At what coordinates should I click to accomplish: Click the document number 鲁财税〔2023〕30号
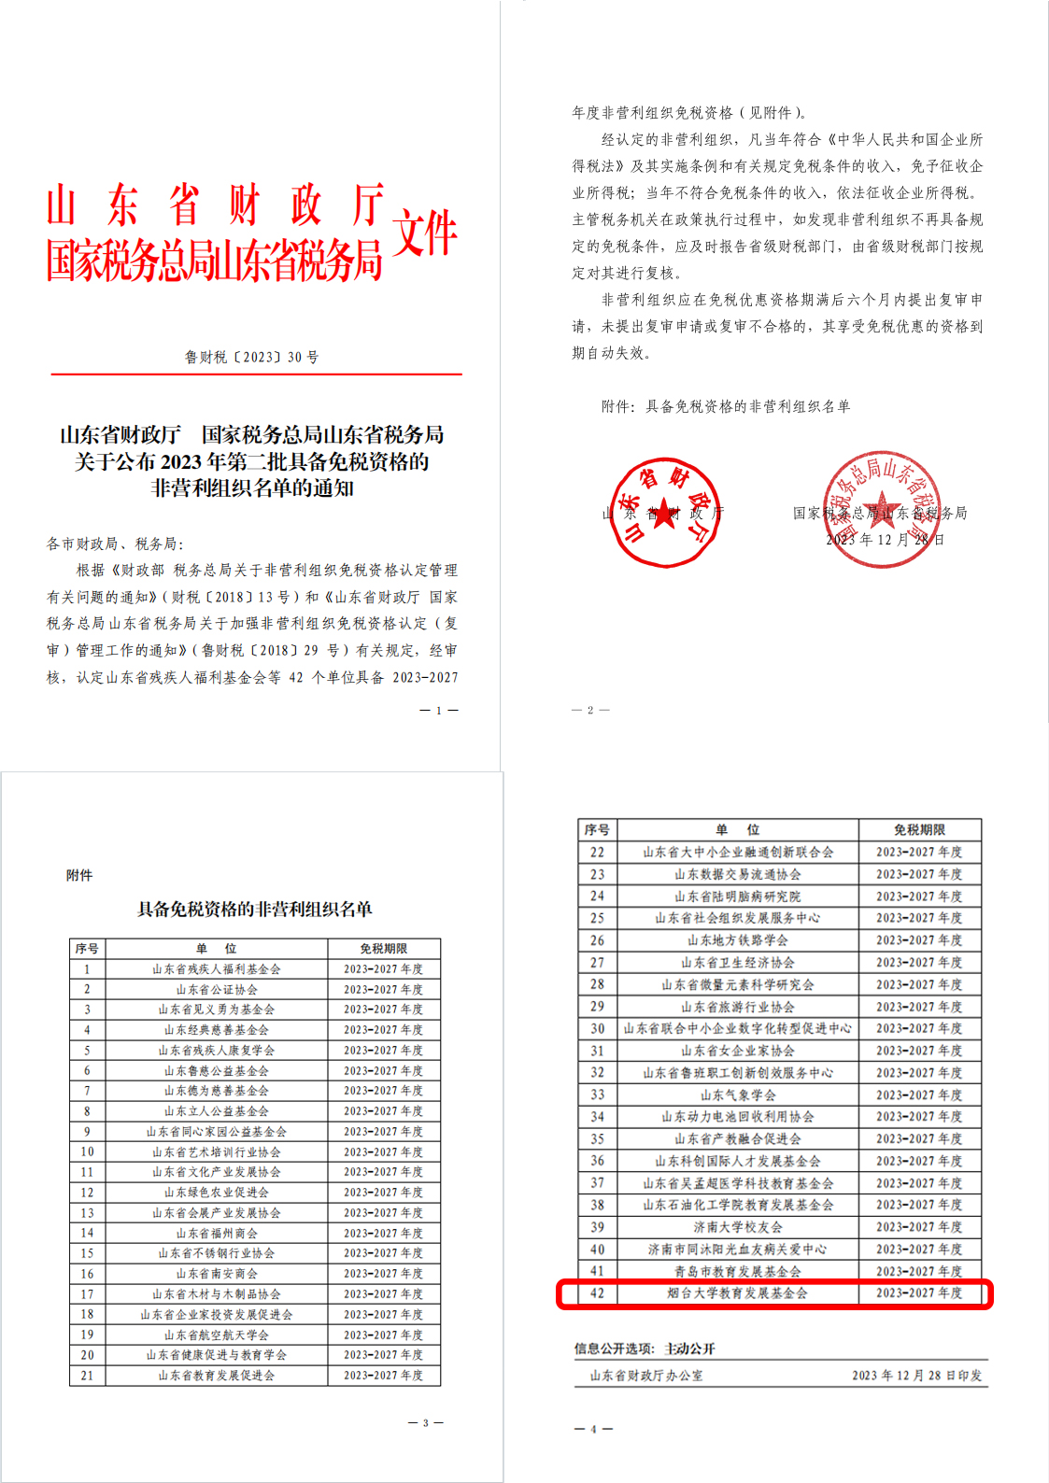click(x=251, y=357)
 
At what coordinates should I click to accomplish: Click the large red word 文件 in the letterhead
click(x=425, y=233)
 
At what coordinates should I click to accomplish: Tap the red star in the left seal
click(x=663, y=513)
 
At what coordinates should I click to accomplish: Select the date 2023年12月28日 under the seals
click(x=885, y=540)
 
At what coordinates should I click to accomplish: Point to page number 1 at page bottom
click(x=439, y=711)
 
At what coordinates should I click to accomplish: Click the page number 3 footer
click(x=425, y=1422)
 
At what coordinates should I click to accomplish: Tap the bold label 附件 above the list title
click(x=79, y=875)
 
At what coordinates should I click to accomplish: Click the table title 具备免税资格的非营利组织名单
click(x=254, y=909)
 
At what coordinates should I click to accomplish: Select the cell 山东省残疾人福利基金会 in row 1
click(x=217, y=969)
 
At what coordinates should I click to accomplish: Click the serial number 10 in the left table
click(x=87, y=1151)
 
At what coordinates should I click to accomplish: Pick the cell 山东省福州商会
click(x=217, y=1233)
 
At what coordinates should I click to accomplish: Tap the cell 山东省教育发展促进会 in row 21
click(x=217, y=1375)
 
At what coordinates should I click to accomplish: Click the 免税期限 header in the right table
click(x=919, y=829)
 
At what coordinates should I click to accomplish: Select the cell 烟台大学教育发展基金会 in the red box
click(x=737, y=1293)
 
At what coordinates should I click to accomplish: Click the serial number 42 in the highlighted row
click(x=597, y=1293)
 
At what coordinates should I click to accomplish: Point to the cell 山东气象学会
click(x=737, y=1095)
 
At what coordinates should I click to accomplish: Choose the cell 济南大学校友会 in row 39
click(x=737, y=1227)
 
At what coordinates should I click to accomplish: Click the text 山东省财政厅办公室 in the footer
click(x=646, y=1376)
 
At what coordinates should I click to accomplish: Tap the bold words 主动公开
click(x=689, y=1349)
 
